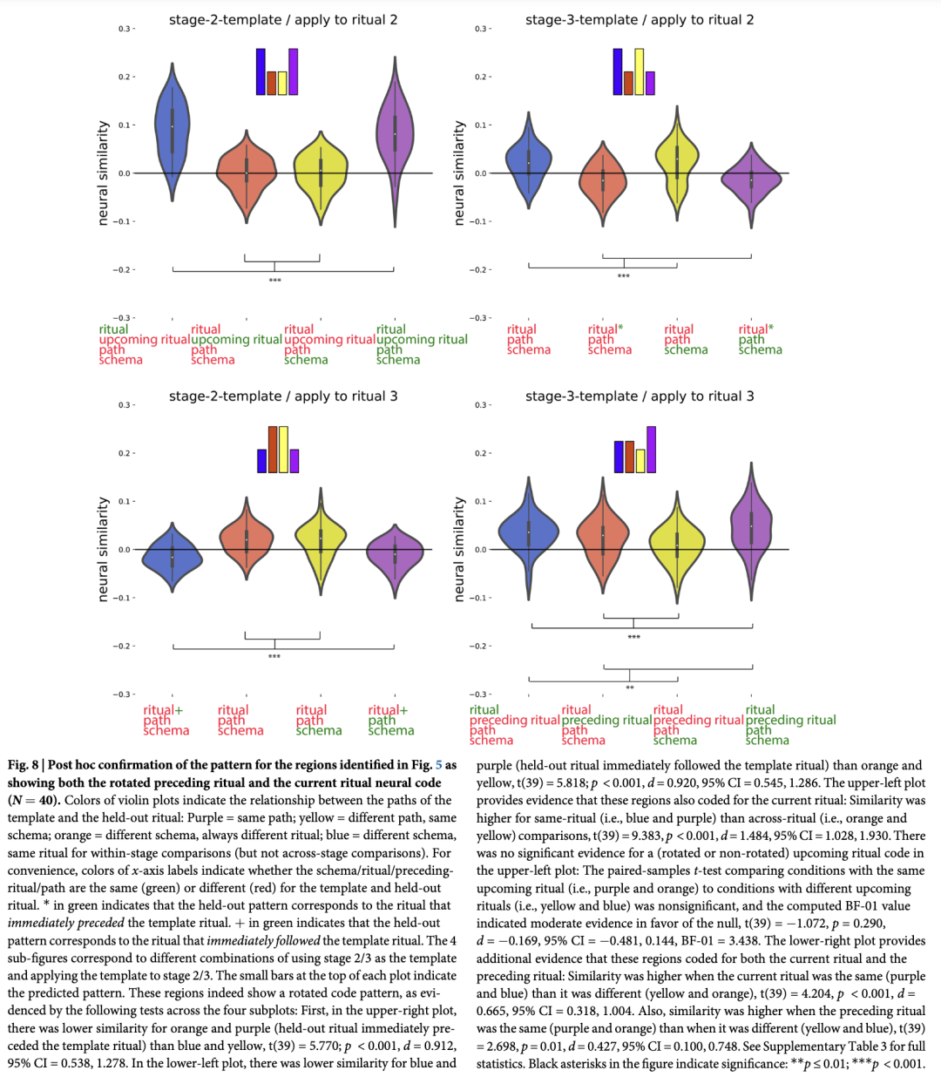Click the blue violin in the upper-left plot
point(173,131)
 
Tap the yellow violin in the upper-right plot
point(677,161)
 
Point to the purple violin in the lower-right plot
point(752,527)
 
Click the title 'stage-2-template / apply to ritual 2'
point(283,19)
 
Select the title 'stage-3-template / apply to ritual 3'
point(640,396)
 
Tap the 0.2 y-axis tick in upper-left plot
point(125,78)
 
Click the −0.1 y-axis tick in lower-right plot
point(480,598)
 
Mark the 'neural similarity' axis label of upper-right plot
point(459,173)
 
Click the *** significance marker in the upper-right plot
point(624,276)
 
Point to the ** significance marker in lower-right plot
point(630,688)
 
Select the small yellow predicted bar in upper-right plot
point(640,71)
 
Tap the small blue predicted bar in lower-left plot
point(261,461)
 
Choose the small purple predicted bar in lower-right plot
point(652,450)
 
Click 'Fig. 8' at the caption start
point(23,765)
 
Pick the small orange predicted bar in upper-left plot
point(272,83)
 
